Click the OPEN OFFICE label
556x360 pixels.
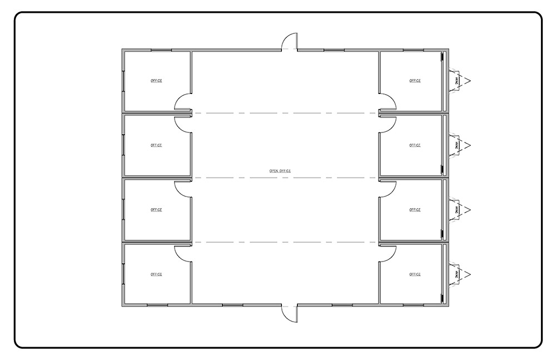[280, 171]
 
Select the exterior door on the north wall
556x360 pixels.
[289, 43]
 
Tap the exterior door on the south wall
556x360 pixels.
[289, 313]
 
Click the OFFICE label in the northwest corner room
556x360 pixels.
[156, 81]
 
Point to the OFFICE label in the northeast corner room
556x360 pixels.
[415, 81]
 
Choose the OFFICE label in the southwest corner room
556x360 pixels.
[156, 274]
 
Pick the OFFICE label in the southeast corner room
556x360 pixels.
[415, 274]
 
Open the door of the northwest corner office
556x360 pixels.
[183, 102]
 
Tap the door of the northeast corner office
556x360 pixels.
[388, 102]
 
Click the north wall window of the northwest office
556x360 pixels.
[161, 50]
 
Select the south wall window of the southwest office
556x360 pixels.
[157, 305]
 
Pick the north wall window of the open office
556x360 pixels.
[334, 50]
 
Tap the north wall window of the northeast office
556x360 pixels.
[413, 50]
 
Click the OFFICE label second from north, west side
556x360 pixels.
[156, 145]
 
